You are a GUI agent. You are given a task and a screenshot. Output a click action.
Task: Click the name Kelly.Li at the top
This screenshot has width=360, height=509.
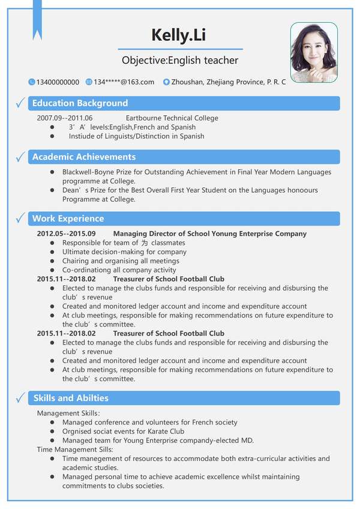pos(178,35)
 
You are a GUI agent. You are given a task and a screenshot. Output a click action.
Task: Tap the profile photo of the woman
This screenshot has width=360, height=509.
pos(314,53)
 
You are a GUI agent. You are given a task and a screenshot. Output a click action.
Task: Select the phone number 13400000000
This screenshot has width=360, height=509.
pos(58,82)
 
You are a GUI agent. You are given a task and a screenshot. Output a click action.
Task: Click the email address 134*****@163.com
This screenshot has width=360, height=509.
pos(124,82)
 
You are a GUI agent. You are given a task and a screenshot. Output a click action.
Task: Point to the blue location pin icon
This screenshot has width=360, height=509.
pos(166,82)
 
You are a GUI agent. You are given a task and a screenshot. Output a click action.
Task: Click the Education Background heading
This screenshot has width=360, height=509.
pos(80,103)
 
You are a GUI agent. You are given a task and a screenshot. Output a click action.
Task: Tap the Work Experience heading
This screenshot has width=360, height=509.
pos(68,218)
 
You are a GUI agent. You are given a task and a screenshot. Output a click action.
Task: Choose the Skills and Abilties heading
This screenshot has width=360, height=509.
pos(71,398)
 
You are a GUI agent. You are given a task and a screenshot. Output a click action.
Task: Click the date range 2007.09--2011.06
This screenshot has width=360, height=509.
pos(65,118)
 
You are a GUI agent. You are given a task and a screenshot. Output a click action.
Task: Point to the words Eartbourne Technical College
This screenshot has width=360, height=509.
pos(172,118)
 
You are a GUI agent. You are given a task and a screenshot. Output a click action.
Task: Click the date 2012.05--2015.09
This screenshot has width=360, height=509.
pos(67,233)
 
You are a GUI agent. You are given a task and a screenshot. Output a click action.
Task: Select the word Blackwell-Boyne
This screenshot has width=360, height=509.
pos(88,172)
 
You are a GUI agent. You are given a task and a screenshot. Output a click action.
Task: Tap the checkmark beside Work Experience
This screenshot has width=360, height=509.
pos(20,218)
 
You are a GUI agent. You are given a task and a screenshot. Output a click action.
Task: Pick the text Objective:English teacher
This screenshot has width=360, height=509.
pos(180,60)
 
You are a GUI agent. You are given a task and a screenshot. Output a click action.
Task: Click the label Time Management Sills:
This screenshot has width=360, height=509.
pos(75,450)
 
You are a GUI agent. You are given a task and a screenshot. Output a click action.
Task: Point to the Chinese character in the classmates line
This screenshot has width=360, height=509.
pos(145,243)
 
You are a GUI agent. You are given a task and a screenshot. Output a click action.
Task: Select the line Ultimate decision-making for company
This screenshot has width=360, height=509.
pos(124,252)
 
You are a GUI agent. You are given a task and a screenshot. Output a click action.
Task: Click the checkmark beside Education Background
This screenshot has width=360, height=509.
pos(20,103)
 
